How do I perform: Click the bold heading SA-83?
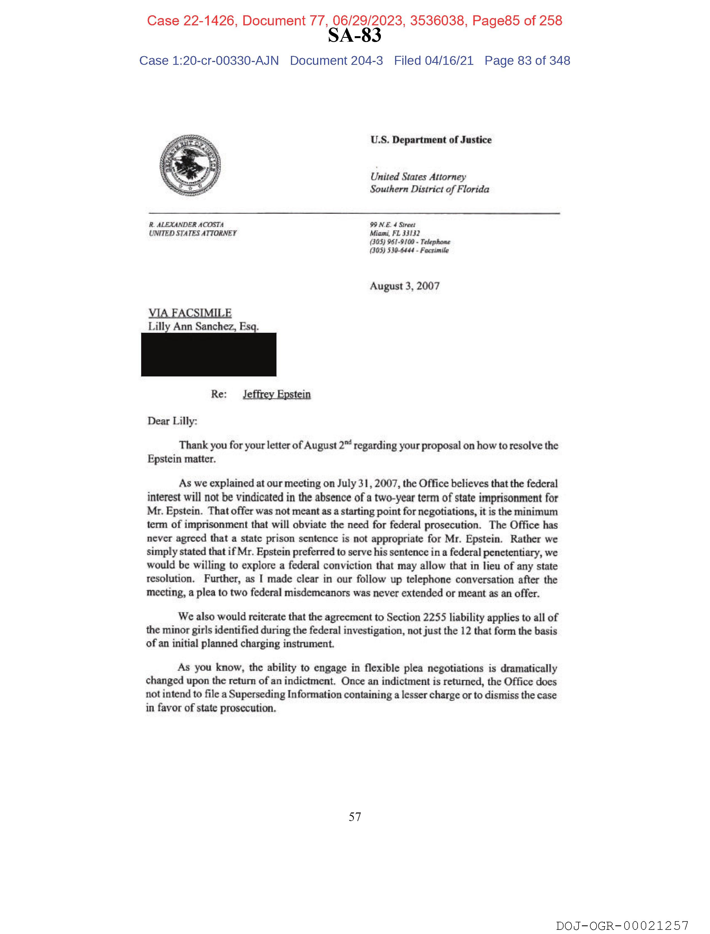[x=354, y=35]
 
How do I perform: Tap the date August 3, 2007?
[x=405, y=286]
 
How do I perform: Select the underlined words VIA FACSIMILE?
[x=190, y=313]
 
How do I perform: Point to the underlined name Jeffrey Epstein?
[x=277, y=394]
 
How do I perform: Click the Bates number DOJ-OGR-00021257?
[x=622, y=926]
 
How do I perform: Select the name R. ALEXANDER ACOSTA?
[x=186, y=225]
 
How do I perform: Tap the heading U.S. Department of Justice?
[x=431, y=140]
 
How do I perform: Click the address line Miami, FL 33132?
[x=395, y=233]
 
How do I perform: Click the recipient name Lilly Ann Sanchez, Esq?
[x=203, y=326]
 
